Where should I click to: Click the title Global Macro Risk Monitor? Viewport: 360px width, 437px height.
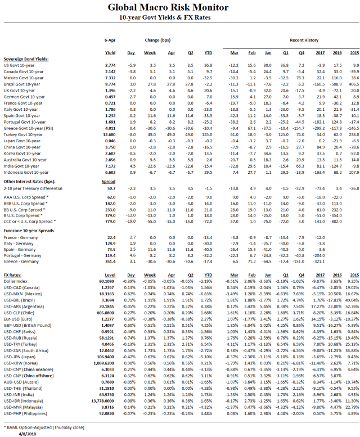(x=179, y=7)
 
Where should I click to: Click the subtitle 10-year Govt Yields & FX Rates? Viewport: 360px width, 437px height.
(x=179, y=18)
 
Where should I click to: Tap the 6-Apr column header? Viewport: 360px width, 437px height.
(x=110, y=40)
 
